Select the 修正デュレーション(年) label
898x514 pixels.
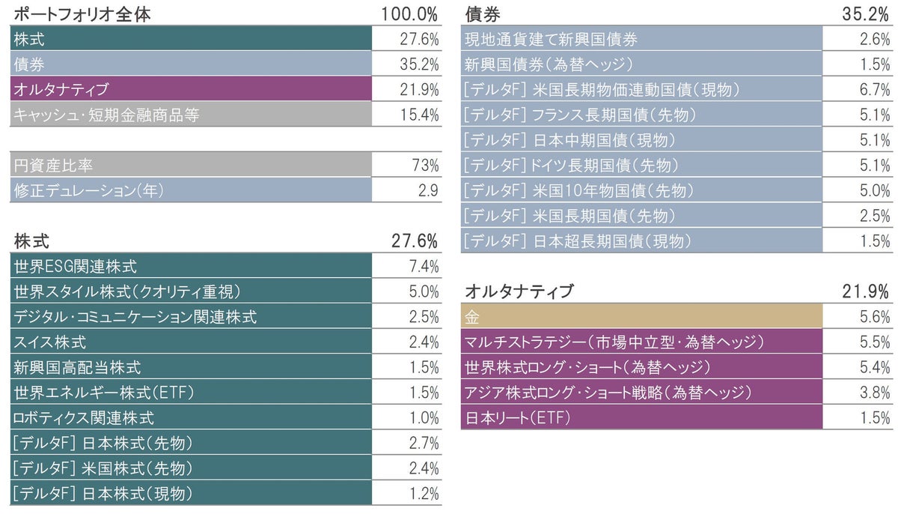pos(88,190)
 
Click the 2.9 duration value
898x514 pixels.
pos(428,190)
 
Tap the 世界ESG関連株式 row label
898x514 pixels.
pos(76,266)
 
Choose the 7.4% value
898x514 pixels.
pos(424,266)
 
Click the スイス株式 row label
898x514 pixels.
pos(49,342)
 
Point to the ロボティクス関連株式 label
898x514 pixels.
pos(84,418)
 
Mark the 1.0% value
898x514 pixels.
pos(424,418)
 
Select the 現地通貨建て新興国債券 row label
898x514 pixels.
pos(551,39)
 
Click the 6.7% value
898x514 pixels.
pos(875,90)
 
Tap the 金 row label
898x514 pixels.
pos(472,317)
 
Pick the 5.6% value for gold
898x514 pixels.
pos(875,317)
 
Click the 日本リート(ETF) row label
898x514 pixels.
pos(517,418)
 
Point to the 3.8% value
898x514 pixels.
pos(875,393)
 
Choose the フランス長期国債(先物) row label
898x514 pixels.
pos(580,115)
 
